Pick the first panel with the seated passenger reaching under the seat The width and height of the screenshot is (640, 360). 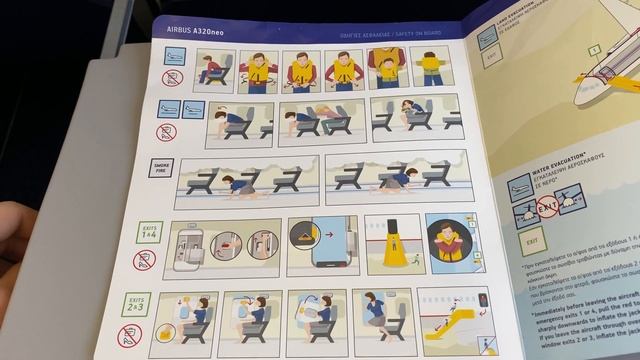(217, 70)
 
